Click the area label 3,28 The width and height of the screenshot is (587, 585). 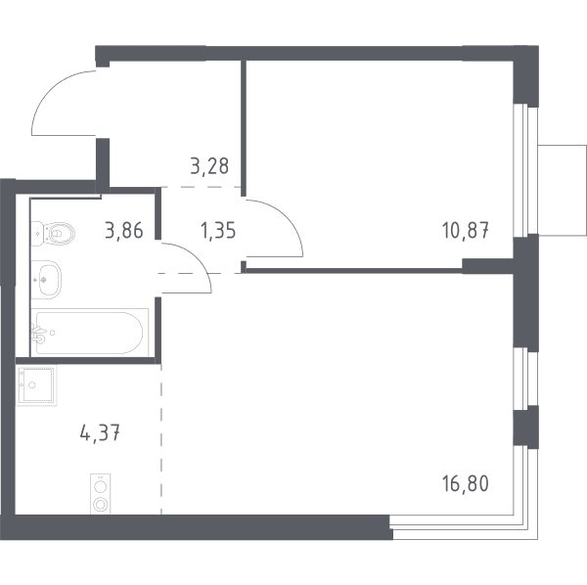(x=209, y=166)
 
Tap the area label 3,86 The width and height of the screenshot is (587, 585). (x=124, y=230)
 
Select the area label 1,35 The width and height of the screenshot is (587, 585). (x=218, y=230)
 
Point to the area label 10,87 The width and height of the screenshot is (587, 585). (x=466, y=230)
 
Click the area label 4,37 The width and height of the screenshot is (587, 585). (x=100, y=433)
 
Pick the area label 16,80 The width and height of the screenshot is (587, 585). (x=466, y=483)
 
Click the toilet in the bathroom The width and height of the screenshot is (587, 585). (x=53, y=234)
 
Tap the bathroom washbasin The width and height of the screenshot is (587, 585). (x=46, y=279)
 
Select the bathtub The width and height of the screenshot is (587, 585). (x=89, y=333)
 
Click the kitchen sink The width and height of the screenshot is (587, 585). (x=36, y=385)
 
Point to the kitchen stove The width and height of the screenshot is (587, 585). (x=101, y=494)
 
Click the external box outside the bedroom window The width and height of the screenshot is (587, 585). (x=562, y=190)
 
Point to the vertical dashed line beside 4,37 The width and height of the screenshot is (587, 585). (x=161, y=439)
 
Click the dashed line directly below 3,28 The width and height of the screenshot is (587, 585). (x=201, y=187)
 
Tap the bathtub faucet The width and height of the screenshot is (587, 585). (x=39, y=334)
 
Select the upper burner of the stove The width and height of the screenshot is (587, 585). (x=101, y=486)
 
